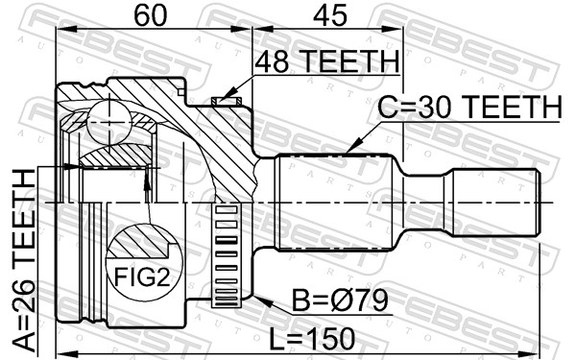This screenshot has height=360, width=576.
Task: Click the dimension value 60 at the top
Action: point(148,16)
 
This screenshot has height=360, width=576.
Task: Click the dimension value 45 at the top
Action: point(328,16)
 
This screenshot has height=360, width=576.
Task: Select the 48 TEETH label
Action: point(325,61)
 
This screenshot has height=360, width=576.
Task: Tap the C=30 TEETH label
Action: point(468,108)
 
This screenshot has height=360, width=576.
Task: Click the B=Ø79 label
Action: point(342,301)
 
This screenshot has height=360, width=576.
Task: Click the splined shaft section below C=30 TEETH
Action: point(333,204)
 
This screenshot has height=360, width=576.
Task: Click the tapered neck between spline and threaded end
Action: point(426,204)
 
